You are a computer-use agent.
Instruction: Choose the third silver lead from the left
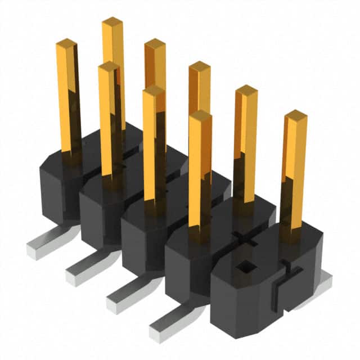125,293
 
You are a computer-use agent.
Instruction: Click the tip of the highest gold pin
112,21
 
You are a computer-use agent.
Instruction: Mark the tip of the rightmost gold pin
296,115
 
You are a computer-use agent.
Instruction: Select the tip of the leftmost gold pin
66,43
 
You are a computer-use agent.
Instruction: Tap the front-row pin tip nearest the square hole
200,115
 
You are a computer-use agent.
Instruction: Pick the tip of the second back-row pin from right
246,89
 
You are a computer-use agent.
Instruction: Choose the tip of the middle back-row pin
199,66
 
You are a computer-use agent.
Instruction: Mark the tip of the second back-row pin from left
155,43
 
